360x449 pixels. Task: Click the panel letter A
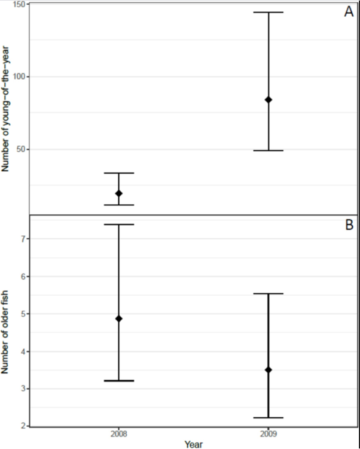[x=349, y=11]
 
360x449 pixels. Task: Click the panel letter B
[x=349, y=225]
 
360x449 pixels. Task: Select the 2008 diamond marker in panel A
[x=118, y=193]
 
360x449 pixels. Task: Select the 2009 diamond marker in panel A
[x=269, y=99]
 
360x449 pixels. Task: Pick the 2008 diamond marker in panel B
[x=118, y=318]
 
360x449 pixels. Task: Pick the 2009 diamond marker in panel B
[x=269, y=370]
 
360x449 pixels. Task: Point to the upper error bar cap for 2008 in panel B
[x=118, y=224]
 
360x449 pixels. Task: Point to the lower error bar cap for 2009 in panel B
[x=269, y=417]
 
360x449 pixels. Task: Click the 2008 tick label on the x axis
[x=118, y=433]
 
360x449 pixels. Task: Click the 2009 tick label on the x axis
[x=269, y=433]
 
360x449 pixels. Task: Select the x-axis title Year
[x=193, y=444]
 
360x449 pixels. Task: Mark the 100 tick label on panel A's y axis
[x=20, y=77]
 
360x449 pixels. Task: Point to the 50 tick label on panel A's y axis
[x=22, y=149]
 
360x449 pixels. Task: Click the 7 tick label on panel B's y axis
[x=23, y=239]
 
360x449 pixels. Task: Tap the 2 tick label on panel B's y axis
[x=23, y=426]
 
